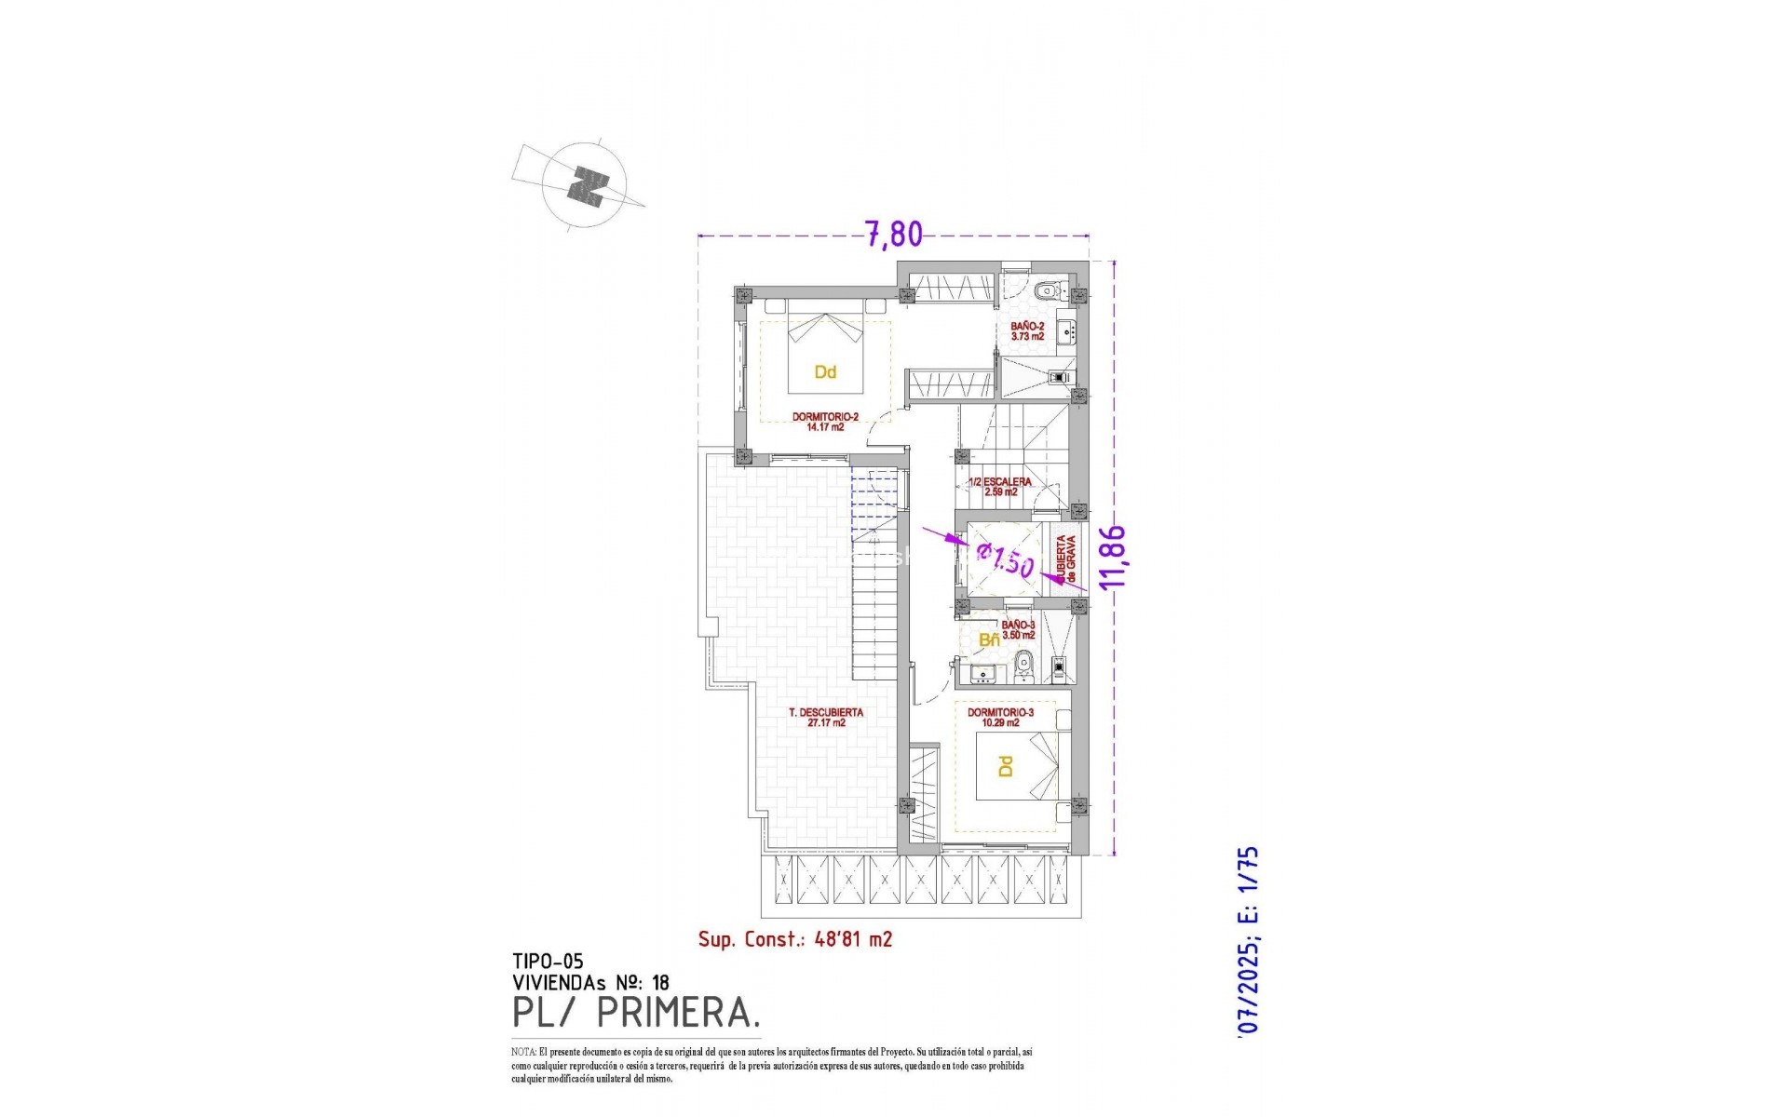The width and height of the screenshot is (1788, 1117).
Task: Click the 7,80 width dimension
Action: pyautogui.click(x=894, y=235)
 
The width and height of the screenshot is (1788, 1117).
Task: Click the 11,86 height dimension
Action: pyautogui.click(x=1113, y=557)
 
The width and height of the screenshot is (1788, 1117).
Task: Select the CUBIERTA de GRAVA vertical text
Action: pyautogui.click(x=1065, y=560)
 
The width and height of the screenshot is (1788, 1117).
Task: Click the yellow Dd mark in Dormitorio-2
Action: pyautogui.click(x=825, y=372)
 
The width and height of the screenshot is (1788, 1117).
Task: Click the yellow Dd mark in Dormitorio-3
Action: pyautogui.click(x=1005, y=767)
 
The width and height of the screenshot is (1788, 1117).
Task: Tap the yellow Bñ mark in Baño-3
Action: pyautogui.click(x=989, y=640)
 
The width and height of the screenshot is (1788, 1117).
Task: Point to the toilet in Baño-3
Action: pyautogui.click(x=1024, y=663)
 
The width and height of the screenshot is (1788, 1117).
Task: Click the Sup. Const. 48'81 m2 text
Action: pyautogui.click(x=795, y=939)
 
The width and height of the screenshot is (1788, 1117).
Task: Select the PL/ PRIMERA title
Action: pyautogui.click(x=637, y=1013)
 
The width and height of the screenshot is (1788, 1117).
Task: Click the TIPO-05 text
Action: pyautogui.click(x=548, y=962)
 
